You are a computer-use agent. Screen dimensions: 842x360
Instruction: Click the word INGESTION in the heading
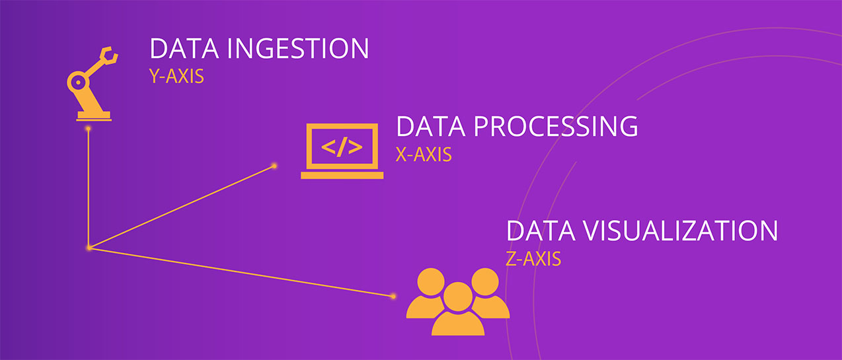click(297, 48)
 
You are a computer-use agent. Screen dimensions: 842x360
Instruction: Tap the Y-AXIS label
click(176, 76)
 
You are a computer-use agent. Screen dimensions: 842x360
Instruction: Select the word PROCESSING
click(556, 126)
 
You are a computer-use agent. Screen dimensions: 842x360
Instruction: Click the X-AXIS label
click(424, 155)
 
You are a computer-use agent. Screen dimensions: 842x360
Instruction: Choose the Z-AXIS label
click(533, 259)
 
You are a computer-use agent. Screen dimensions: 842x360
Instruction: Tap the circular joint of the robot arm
click(78, 83)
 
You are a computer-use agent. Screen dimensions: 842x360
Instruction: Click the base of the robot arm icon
click(94, 116)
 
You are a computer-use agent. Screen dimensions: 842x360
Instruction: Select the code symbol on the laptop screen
click(342, 147)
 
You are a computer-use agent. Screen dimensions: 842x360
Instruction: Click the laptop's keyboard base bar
click(342, 175)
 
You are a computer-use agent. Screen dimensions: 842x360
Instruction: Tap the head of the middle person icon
click(458, 297)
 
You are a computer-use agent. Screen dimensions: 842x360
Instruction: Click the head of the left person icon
click(431, 282)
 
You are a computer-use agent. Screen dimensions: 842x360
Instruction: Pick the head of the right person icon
click(485, 282)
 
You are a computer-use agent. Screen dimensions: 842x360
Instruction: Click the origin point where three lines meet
click(89, 248)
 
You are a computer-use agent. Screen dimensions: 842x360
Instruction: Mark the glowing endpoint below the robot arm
click(89, 129)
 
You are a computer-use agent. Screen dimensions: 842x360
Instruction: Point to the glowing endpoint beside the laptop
click(274, 166)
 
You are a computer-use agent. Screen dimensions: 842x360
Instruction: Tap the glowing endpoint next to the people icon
click(393, 297)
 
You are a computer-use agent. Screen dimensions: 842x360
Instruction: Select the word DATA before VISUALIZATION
click(541, 231)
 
